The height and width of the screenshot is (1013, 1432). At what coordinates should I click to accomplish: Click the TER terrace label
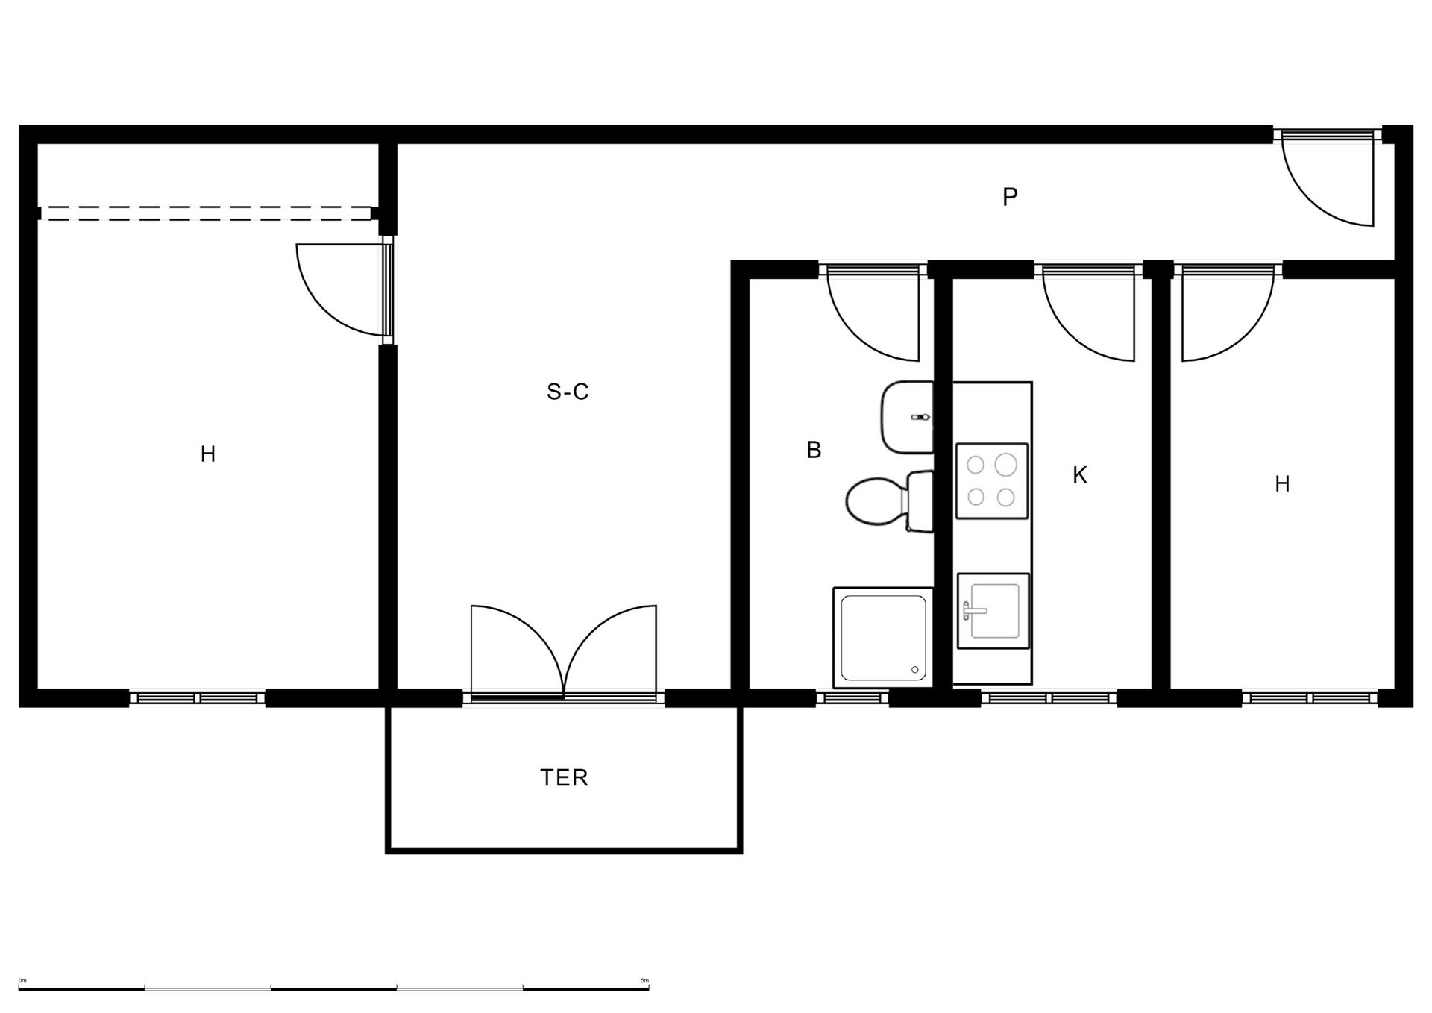coord(564,778)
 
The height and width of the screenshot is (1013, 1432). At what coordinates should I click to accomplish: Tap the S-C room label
coord(568,392)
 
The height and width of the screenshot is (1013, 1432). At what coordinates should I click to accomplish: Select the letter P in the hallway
coord(1010,197)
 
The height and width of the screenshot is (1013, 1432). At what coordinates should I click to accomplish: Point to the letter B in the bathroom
coord(814,450)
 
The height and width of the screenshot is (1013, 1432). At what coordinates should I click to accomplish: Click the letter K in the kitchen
coord(1079,475)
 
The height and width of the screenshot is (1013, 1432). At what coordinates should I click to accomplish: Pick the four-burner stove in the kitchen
coord(992,481)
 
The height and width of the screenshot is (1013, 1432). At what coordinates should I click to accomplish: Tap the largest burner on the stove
coord(1006,465)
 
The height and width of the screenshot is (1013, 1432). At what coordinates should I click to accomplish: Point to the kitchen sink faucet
coord(973,611)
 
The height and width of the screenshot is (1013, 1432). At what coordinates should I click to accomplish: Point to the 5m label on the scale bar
coord(644,980)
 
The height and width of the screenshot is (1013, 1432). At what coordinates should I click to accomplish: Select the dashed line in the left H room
coord(205,213)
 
